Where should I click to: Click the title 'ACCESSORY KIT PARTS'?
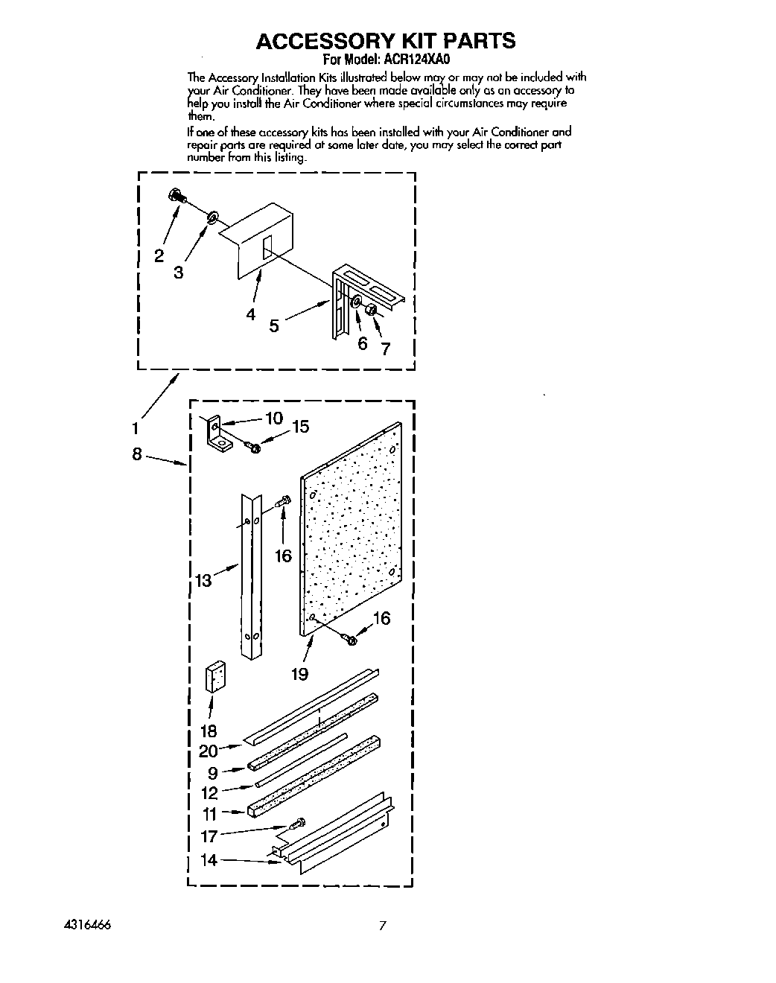tap(385, 40)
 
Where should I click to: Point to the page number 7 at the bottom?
tap(382, 926)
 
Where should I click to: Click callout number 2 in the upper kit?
tap(159, 255)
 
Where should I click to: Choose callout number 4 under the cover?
tap(251, 314)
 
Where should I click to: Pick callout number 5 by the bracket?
tap(274, 325)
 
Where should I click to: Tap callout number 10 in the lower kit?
tap(274, 418)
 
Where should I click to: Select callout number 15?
tap(299, 427)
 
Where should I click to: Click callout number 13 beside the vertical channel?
tap(204, 580)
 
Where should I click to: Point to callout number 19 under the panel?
tap(299, 674)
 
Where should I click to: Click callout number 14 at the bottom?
tap(209, 860)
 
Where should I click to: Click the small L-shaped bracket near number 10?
tap(217, 433)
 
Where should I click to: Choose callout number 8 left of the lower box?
tap(136, 454)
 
